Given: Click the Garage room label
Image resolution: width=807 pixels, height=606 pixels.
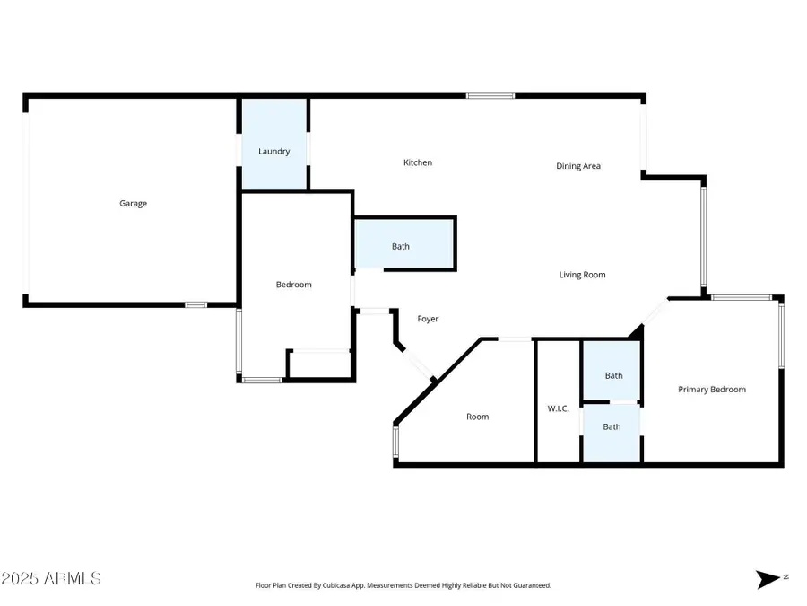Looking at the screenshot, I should tap(134, 204).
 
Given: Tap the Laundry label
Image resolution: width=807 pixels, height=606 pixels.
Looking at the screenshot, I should tap(273, 152).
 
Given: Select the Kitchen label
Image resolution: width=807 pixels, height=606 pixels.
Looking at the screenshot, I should tap(418, 163).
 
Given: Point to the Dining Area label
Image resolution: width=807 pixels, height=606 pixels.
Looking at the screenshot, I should tap(578, 166).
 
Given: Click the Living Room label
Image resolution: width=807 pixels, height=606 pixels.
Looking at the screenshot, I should tap(583, 275).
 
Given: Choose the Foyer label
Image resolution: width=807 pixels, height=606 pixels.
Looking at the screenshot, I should tap(429, 319).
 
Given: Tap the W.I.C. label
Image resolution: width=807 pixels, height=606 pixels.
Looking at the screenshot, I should tap(558, 408).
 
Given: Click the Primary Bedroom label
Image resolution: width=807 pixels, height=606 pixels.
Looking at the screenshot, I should tap(712, 390).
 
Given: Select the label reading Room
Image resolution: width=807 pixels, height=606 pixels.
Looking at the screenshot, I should tap(477, 417).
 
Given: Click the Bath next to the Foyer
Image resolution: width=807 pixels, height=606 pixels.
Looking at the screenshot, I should tap(401, 247).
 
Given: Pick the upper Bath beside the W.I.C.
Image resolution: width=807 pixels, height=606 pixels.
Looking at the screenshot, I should tap(613, 376).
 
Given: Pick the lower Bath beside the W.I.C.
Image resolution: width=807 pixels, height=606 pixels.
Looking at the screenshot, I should tap(612, 427).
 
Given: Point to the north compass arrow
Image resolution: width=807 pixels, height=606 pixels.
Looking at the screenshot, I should tap(769, 579).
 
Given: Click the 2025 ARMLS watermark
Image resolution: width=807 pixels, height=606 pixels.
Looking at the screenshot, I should tap(51, 578).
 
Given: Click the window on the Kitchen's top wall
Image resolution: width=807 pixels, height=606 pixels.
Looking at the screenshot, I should tap(490, 95).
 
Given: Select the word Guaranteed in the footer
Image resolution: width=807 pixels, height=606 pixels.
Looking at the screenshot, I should tap(530, 585).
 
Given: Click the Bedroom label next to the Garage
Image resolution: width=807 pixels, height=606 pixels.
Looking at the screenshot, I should tap(293, 285).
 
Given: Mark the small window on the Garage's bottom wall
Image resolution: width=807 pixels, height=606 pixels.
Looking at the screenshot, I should tap(196, 305).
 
